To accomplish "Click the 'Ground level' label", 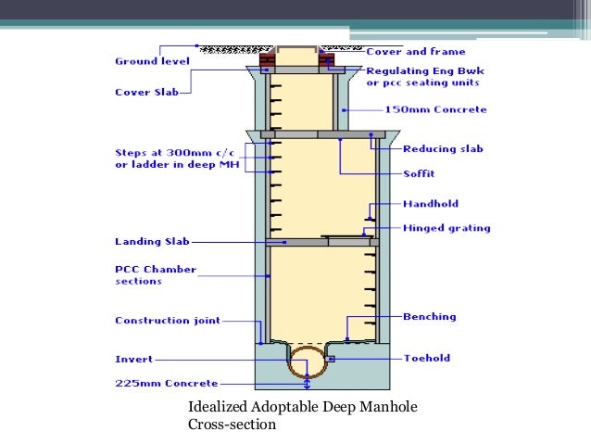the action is (x=152, y=61).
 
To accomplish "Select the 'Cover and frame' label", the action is (x=416, y=51).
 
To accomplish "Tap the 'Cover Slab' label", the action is (x=146, y=92).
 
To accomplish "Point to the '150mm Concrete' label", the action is (x=435, y=109).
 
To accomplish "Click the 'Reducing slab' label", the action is (x=443, y=148).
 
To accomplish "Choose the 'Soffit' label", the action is (x=419, y=173).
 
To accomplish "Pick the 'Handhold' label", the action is (x=431, y=204).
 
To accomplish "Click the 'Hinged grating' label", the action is (x=446, y=228).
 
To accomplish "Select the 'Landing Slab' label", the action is (x=152, y=241).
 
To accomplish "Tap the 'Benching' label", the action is (x=430, y=316).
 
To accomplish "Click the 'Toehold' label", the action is (x=427, y=358).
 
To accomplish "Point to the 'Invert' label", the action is (x=133, y=359).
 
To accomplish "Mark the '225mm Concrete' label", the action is (x=167, y=383).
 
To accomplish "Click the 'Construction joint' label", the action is (x=168, y=321).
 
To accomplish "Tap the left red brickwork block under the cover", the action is (x=267, y=59).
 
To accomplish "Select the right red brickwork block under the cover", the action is (x=326, y=59).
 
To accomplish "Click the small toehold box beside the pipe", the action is (x=330, y=359).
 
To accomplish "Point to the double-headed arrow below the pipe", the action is (x=308, y=382).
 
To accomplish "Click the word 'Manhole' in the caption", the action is (x=389, y=407).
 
